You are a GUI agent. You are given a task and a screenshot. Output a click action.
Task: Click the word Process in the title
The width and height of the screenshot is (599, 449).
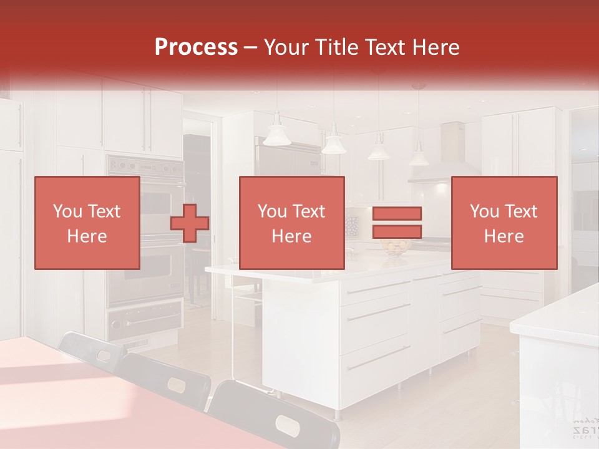(x=196, y=47)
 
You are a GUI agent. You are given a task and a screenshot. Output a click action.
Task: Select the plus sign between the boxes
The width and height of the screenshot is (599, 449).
(x=190, y=223)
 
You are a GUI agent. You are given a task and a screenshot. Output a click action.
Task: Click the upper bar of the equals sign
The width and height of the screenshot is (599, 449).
(x=397, y=214)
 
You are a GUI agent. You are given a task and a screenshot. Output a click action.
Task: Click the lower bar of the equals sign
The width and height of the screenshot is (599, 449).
(x=397, y=232)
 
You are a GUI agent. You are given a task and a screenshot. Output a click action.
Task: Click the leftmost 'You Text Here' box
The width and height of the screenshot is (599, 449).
(x=87, y=223)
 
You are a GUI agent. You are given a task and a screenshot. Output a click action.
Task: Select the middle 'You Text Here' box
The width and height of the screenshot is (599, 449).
(x=292, y=223)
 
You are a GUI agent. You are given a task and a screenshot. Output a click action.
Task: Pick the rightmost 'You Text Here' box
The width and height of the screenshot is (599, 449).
(x=504, y=223)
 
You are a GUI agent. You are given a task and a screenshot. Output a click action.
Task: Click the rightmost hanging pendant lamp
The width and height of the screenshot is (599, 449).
(x=419, y=156)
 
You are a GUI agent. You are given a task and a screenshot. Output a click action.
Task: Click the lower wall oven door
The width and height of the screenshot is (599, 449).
(x=145, y=274)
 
